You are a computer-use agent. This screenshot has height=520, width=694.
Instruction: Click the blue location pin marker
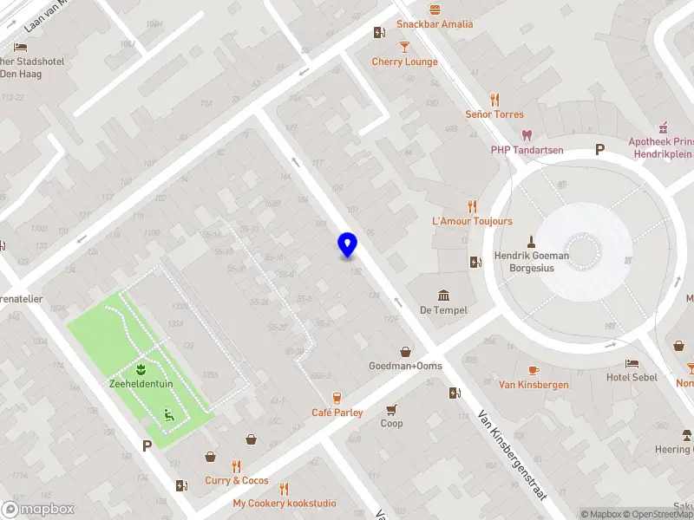[347, 245]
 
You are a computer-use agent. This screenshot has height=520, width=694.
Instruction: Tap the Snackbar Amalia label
[435, 24]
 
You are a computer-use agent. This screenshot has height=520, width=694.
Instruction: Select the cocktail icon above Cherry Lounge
[404, 46]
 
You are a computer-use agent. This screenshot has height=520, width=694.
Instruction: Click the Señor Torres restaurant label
[494, 114]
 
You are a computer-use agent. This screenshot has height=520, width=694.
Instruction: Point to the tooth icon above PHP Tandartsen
[526, 134]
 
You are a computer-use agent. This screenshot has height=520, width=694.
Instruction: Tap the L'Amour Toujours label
[472, 222]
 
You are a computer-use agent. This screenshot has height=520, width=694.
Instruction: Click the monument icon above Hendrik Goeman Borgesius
[532, 240]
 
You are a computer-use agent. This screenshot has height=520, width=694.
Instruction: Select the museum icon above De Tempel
[443, 295]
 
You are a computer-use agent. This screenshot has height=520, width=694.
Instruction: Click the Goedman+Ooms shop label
[405, 366]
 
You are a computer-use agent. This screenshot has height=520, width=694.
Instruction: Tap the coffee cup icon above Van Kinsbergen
[534, 369]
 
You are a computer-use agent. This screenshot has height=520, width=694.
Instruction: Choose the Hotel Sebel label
[632, 378]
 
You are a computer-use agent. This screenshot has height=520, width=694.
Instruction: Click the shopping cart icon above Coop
[392, 409]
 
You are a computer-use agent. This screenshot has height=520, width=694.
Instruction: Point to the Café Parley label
[337, 413]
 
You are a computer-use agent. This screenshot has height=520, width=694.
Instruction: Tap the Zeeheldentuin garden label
[139, 384]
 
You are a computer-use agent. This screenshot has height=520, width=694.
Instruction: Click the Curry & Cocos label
[236, 481]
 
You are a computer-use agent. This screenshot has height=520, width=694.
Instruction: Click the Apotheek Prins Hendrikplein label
[661, 147]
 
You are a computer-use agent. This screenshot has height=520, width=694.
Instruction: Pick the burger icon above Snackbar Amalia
[435, 8]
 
